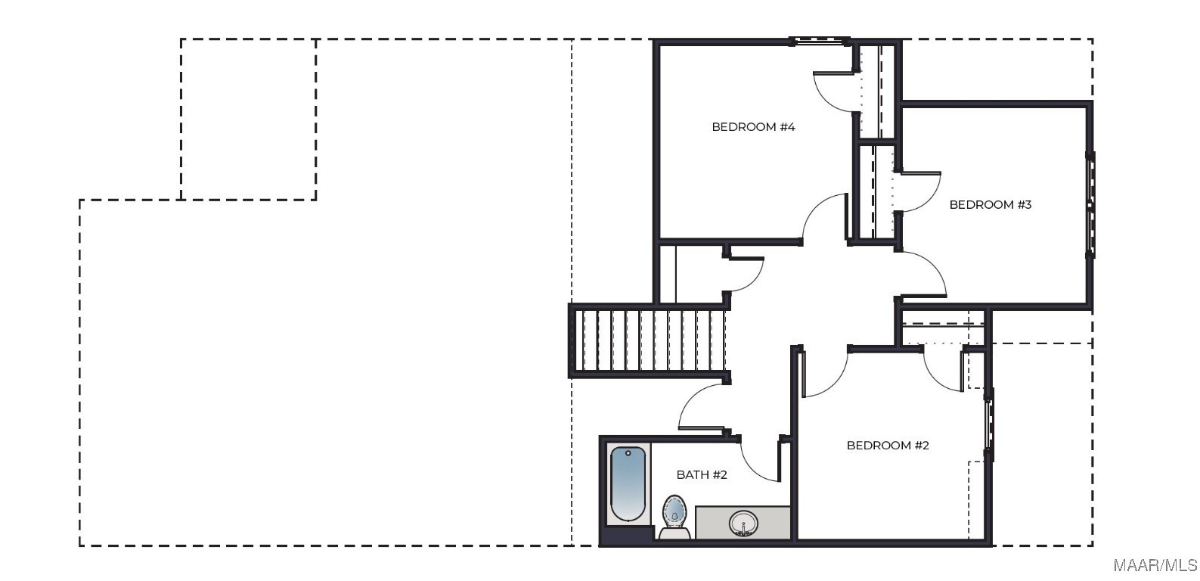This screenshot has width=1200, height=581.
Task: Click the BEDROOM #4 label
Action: click(x=753, y=127)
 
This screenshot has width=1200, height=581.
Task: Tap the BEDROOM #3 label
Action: click(x=990, y=205)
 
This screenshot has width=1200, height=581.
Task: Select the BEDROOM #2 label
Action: click(x=888, y=446)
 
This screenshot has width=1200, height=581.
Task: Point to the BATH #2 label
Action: click(x=702, y=475)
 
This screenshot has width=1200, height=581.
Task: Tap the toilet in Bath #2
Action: click(x=674, y=517)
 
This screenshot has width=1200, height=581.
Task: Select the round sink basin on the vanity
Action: click(x=743, y=523)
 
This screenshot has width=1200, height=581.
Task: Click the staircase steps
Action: click(x=652, y=340)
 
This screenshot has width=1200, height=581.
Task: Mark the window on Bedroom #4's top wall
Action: click(x=820, y=41)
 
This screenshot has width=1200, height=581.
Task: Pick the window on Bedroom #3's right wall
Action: click(x=1090, y=205)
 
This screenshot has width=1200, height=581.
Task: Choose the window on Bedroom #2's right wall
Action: click(x=990, y=424)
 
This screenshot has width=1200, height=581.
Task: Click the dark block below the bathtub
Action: click(x=628, y=534)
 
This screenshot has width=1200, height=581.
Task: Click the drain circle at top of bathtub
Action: click(x=628, y=453)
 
